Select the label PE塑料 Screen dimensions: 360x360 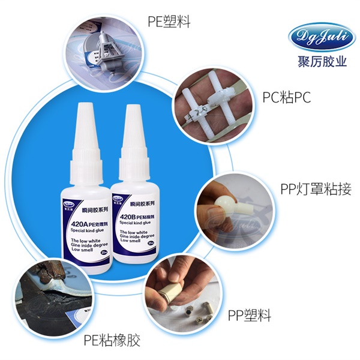[169, 22]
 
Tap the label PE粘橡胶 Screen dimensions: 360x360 [112, 341]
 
